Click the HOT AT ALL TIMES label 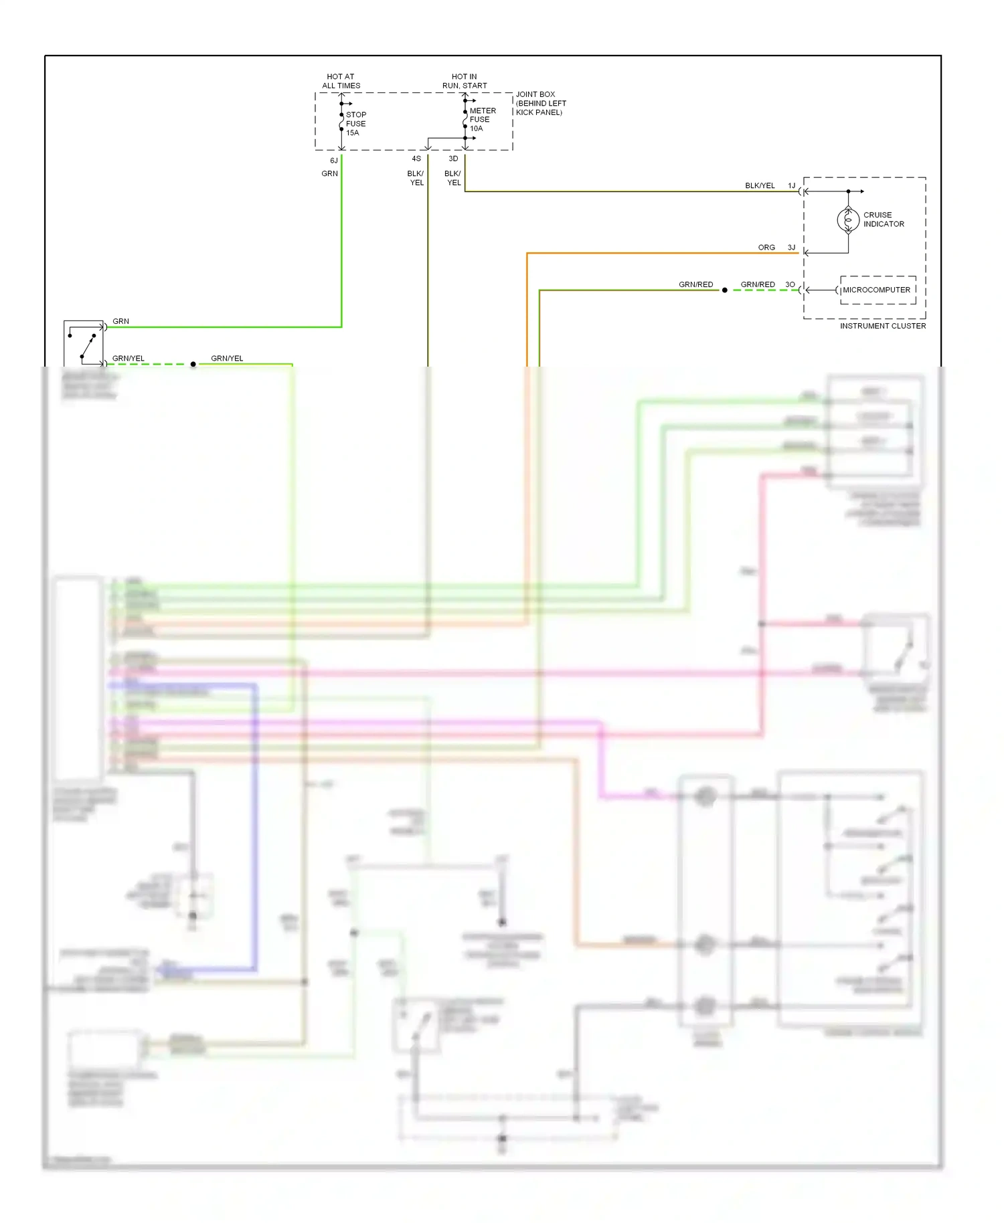pyautogui.click(x=341, y=81)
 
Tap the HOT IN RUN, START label pyautogui.click(x=465, y=81)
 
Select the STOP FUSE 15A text pyautogui.click(x=355, y=124)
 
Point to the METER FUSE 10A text pyautogui.click(x=482, y=120)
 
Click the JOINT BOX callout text pyautogui.click(x=540, y=103)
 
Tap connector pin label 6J pyautogui.click(x=333, y=161)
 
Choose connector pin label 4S pyautogui.click(x=416, y=159)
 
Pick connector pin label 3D pyautogui.click(x=453, y=159)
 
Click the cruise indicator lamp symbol pyautogui.click(x=848, y=219)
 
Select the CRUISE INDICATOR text pyautogui.click(x=883, y=219)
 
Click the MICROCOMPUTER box pyautogui.click(x=877, y=290)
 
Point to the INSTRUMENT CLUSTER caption pyautogui.click(x=882, y=326)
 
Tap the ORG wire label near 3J pyautogui.click(x=766, y=248)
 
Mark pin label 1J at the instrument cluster pyautogui.click(x=791, y=185)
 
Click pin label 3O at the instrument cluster pyautogui.click(x=790, y=284)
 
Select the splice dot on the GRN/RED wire pyautogui.click(x=724, y=290)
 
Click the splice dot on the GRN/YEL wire pyautogui.click(x=193, y=364)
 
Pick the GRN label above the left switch pyautogui.click(x=120, y=321)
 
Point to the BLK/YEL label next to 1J pyautogui.click(x=760, y=185)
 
